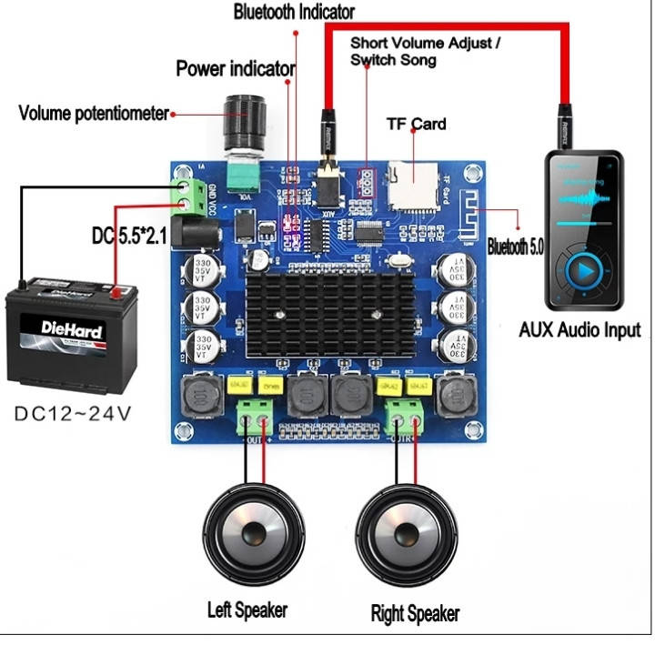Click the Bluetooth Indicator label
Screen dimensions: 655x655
pyautogui.click(x=294, y=13)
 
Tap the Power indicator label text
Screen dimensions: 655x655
pyautogui.click(x=235, y=68)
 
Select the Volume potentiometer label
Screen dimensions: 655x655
pyautogui.click(x=94, y=114)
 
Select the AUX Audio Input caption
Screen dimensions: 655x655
pyautogui.click(x=579, y=330)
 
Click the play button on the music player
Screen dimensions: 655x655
pyautogui.click(x=584, y=270)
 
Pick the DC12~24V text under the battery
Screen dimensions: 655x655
pyautogui.click(x=73, y=413)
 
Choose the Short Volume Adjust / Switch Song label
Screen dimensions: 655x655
pyautogui.click(x=425, y=51)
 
